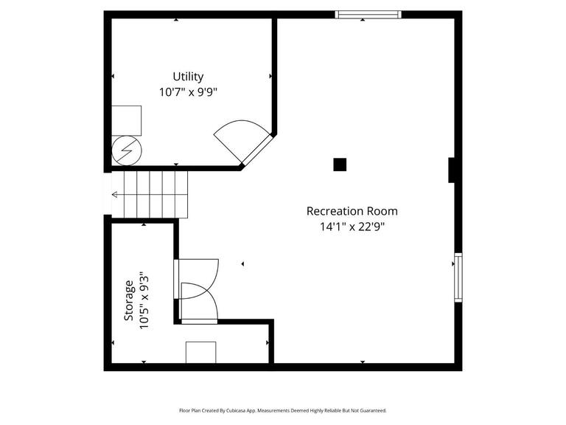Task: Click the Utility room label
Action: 188,77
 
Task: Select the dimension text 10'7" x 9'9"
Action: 188,92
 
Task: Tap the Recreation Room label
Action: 352,211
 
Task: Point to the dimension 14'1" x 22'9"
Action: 352,227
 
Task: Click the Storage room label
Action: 129,300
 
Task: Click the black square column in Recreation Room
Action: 340,165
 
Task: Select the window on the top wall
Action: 368,14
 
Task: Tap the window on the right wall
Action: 458,277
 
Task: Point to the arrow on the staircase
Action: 116,195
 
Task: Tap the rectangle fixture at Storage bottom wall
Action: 200,352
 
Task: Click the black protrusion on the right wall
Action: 453,170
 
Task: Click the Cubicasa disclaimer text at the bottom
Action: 282,410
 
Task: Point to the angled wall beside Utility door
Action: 259,152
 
